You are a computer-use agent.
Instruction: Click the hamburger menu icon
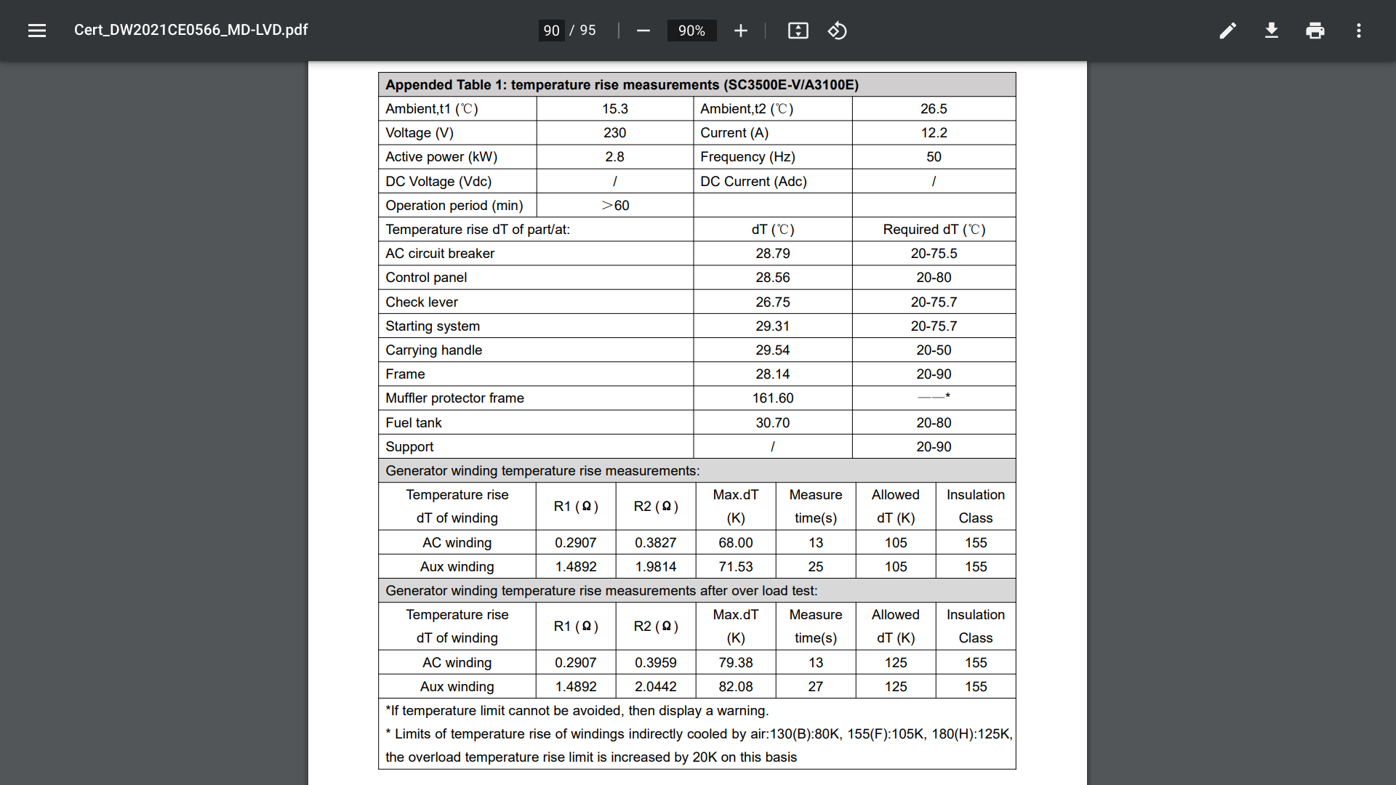(x=37, y=31)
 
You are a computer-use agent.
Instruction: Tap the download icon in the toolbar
(x=1272, y=31)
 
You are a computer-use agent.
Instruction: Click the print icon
(x=1315, y=31)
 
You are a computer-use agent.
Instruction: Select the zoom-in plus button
(x=741, y=31)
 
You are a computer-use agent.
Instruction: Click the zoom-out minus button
(x=643, y=31)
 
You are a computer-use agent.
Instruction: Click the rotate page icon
(x=838, y=31)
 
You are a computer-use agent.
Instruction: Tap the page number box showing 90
(x=551, y=31)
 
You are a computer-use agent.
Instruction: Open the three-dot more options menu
(x=1359, y=31)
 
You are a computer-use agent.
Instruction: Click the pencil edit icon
(x=1228, y=31)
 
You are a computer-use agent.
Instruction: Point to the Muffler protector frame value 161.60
(x=773, y=398)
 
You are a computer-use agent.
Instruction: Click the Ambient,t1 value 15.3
(x=615, y=109)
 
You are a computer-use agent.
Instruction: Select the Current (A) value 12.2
(x=934, y=133)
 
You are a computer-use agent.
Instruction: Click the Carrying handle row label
(x=434, y=350)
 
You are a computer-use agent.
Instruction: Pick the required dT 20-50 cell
(x=934, y=350)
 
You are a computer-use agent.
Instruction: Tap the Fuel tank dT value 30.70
(x=772, y=423)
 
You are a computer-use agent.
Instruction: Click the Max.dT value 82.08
(x=736, y=687)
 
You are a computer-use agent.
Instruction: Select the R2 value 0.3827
(x=656, y=543)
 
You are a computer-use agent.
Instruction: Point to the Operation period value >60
(x=615, y=206)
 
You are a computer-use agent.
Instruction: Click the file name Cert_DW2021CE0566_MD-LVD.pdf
(x=191, y=30)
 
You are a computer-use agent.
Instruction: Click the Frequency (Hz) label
(x=747, y=157)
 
